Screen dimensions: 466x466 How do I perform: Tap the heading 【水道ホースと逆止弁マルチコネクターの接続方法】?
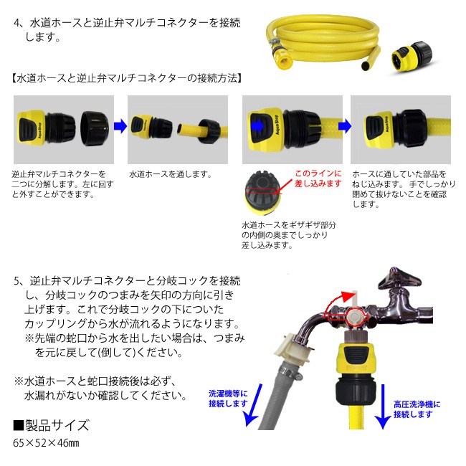126,78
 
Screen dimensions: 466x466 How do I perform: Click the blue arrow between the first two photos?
120,125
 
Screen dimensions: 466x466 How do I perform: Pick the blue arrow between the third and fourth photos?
345,126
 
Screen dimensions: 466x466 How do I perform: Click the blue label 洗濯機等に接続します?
228,399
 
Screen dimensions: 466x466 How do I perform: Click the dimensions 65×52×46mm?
46,442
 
